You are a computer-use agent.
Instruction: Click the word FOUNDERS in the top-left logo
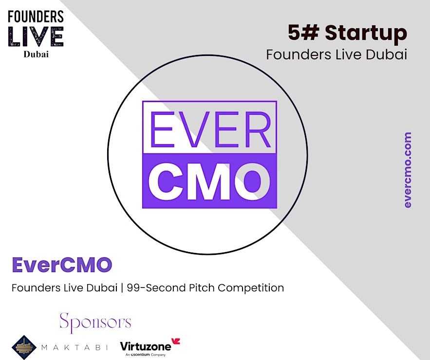(x=36, y=17)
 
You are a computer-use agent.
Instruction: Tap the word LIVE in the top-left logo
(x=36, y=36)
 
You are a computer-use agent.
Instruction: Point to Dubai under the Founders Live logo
(x=36, y=54)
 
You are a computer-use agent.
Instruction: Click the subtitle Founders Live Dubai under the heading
(x=337, y=54)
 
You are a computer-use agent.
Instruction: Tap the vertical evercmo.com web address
(x=408, y=170)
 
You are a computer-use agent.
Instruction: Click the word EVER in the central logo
(x=210, y=129)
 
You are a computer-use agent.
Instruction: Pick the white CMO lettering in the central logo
(x=209, y=181)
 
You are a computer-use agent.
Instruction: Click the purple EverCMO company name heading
(x=62, y=265)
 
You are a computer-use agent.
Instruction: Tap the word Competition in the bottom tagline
(x=251, y=288)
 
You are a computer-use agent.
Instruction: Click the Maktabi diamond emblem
(x=24, y=347)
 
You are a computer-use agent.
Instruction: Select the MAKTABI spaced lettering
(x=75, y=348)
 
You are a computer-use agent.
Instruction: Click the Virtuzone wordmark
(x=146, y=346)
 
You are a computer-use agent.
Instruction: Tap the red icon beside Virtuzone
(x=176, y=342)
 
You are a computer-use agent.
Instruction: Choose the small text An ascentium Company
(x=146, y=355)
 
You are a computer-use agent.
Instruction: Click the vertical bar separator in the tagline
(x=122, y=288)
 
